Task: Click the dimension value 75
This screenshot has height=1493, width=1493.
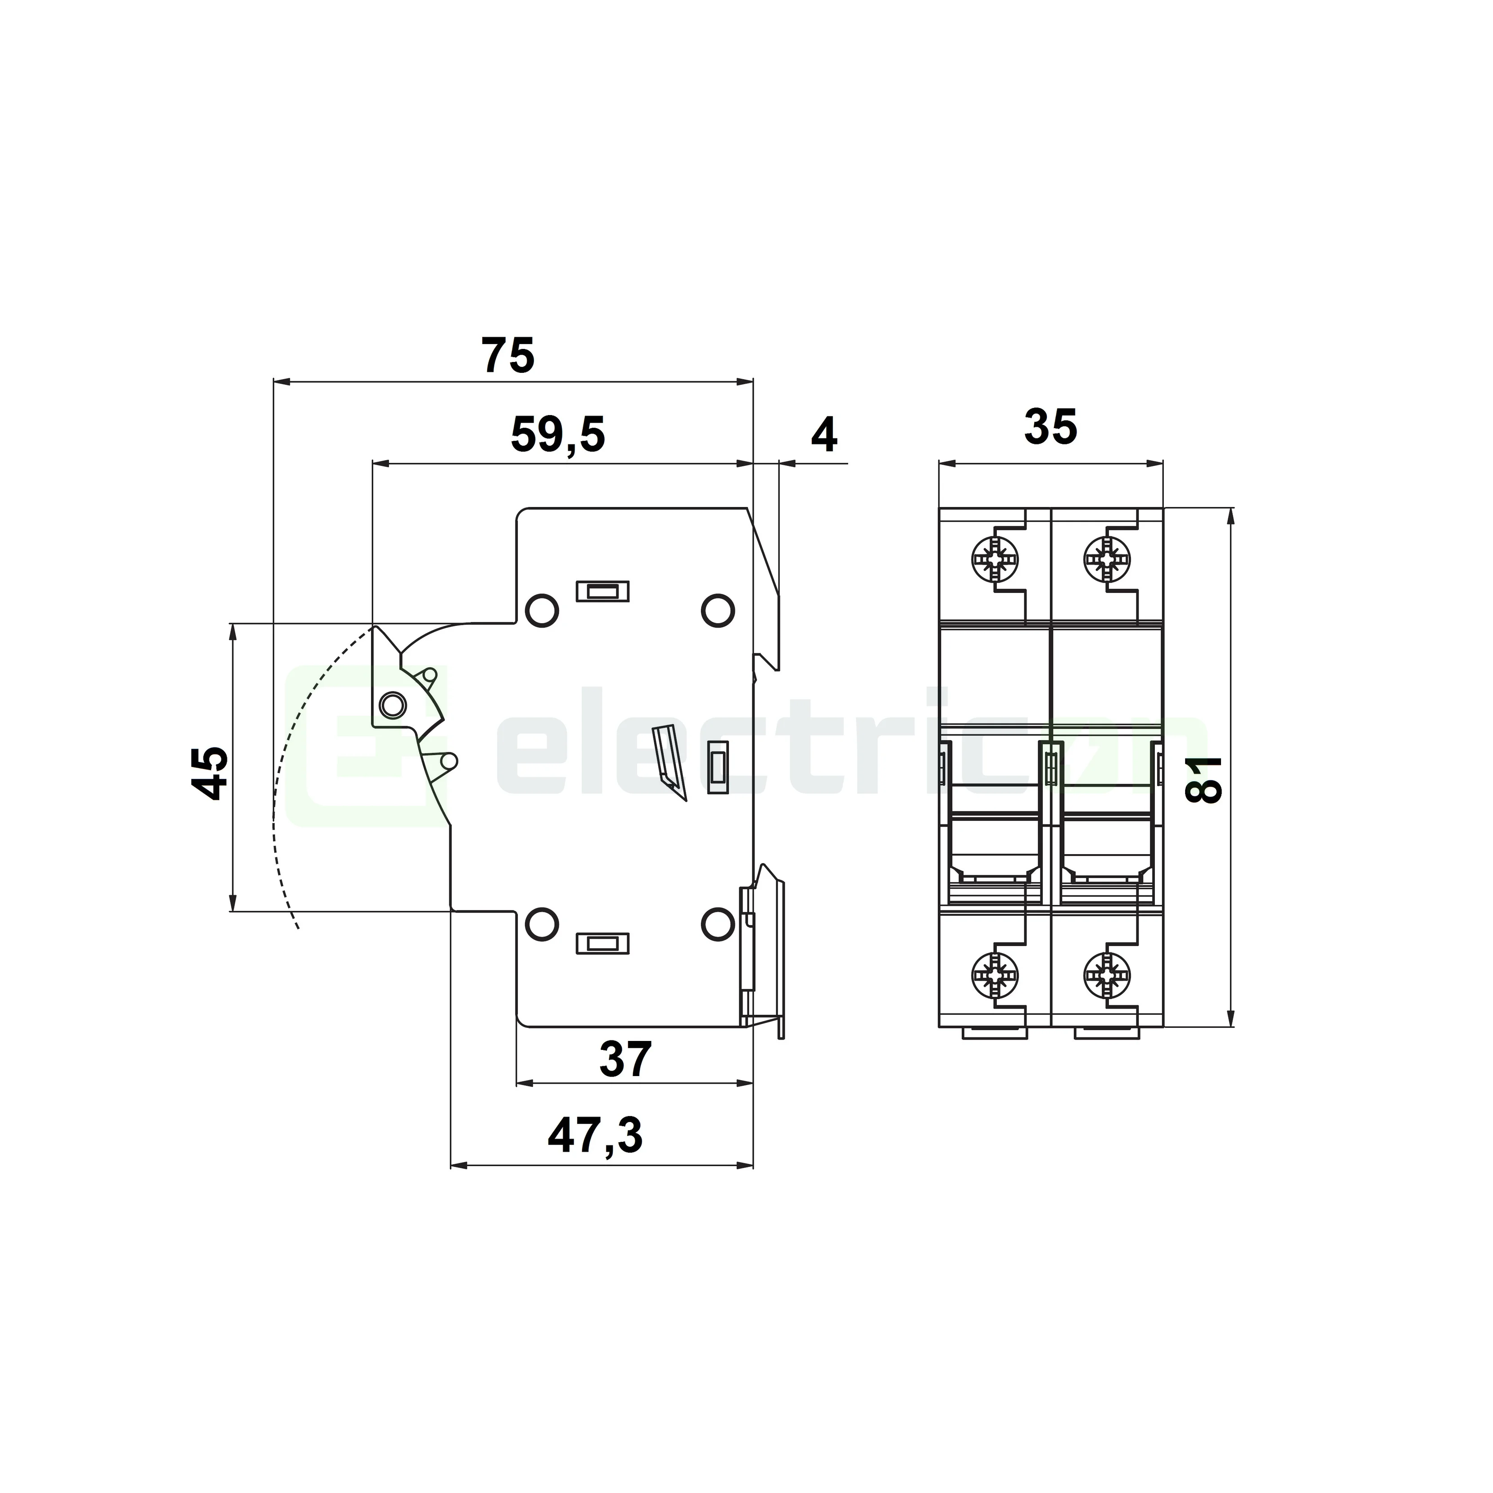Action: pos(508,356)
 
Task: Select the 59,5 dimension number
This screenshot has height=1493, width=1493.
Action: pos(558,435)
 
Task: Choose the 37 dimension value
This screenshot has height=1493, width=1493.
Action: pos(626,1059)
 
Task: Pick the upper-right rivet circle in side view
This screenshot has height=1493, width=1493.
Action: pos(717,611)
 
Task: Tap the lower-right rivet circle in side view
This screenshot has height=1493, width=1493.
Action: pos(717,924)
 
